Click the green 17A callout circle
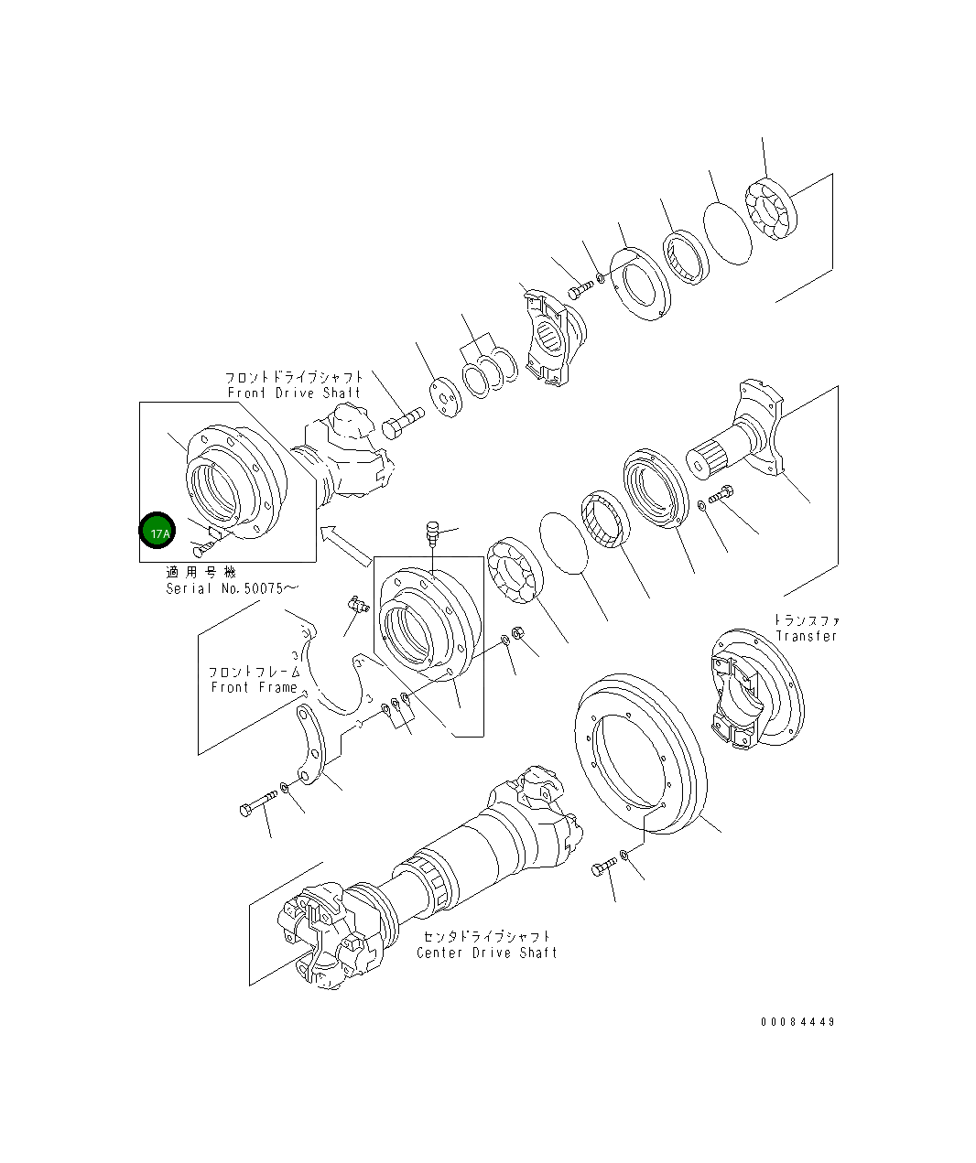click(x=157, y=531)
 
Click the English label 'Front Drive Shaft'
click(x=294, y=393)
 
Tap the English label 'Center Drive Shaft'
click(x=486, y=953)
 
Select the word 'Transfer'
click(x=806, y=636)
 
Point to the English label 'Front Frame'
click(x=254, y=687)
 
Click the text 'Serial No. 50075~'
click(x=233, y=588)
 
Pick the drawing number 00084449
click(x=797, y=1022)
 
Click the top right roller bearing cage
click(x=771, y=212)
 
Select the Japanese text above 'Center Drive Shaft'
click(x=486, y=937)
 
